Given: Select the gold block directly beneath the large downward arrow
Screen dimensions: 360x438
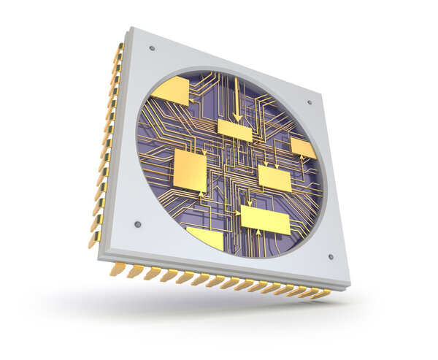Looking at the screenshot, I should (235, 131).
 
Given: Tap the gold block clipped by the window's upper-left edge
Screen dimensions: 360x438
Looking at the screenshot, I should (171, 91).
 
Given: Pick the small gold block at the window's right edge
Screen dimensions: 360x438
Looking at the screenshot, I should (303, 148).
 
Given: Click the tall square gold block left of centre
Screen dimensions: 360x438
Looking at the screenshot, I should (190, 169).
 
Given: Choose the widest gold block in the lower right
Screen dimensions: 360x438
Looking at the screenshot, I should (265, 219).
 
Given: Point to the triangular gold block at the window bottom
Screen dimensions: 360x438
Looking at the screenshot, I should (207, 237).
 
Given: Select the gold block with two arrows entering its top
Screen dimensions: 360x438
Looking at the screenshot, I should (274, 178).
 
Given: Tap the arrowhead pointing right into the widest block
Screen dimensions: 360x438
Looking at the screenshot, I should (237, 212).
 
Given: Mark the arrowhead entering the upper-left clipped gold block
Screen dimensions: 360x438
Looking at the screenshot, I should (191, 93).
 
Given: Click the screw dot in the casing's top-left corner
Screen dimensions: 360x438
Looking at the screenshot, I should (152, 48).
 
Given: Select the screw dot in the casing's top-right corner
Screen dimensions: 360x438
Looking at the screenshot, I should (310, 103).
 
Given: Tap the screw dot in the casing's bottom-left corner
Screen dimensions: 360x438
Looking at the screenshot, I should (137, 224).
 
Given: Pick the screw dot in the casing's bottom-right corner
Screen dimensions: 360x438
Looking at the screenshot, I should (331, 256).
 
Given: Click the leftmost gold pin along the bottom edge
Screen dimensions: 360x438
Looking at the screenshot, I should (117, 269).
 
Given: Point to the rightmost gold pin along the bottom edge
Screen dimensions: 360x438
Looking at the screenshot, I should (321, 294).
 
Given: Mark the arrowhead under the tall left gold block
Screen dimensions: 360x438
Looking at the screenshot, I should (202, 194).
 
